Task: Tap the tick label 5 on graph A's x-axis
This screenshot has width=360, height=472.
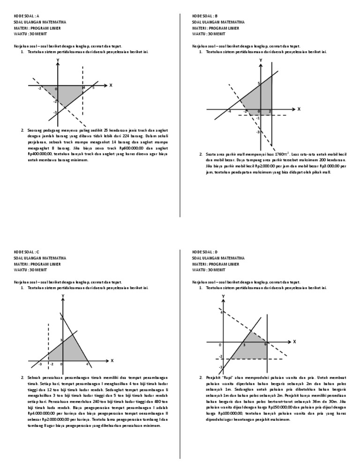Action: tap(93, 88)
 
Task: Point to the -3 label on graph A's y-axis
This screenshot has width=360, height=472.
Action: tap(55, 112)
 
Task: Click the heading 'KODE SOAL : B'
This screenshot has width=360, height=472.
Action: tap(205, 16)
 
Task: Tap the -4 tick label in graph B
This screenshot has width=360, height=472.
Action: tap(229, 112)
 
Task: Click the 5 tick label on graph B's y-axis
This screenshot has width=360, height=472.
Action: tap(258, 84)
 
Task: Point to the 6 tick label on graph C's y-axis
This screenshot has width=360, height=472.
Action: tap(60, 319)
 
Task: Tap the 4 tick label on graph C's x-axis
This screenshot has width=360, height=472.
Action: tap(87, 364)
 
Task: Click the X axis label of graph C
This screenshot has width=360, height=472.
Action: tap(112, 360)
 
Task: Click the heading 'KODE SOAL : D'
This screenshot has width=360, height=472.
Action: tap(205, 252)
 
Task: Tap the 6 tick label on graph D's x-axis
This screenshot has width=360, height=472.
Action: tap(265, 345)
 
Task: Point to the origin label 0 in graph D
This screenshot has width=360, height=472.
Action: tap(220, 345)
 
